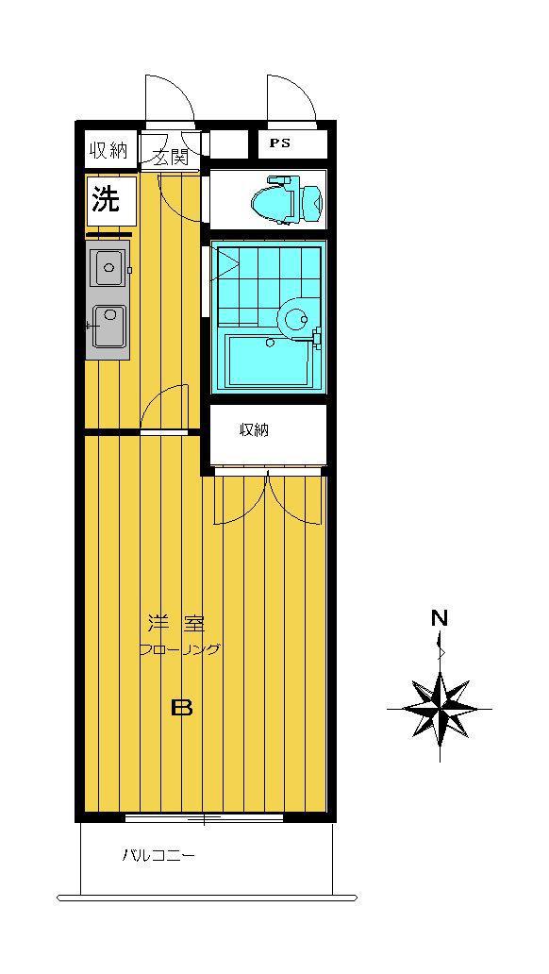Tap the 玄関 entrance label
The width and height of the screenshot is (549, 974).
point(170,158)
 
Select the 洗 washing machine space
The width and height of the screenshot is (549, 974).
point(111,201)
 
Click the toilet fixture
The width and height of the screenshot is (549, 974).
point(287,199)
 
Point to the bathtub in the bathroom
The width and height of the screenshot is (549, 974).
point(270,361)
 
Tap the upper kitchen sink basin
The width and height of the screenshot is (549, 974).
point(108,267)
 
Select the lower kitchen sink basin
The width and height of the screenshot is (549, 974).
point(108,326)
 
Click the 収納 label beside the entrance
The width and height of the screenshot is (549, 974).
point(108,150)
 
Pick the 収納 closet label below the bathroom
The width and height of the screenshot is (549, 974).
point(255,429)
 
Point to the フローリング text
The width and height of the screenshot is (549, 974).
point(179,649)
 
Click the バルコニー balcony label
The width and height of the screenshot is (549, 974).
point(158,856)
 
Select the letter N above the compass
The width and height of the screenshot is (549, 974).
point(440,619)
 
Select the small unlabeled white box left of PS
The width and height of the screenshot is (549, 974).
point(230,143)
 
